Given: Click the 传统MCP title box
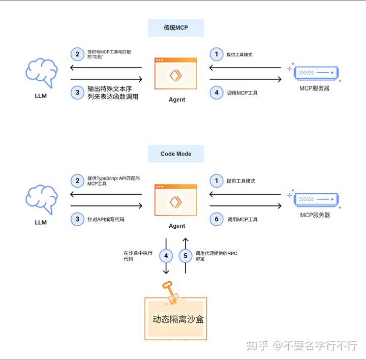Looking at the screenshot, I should [x=176, y=28].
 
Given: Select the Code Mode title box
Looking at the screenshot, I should [x=176, y=154].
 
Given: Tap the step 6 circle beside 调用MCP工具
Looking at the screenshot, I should [x=217, y=219].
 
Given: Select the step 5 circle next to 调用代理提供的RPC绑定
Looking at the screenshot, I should [x=186, y=255].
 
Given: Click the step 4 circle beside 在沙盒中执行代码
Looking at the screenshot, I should [x=166, y=255].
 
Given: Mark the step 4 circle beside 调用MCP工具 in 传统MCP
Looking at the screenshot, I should [x=217, y=93].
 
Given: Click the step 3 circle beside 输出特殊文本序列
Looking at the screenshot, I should [x=78, y=93].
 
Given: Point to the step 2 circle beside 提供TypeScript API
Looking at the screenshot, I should [x=78, y=181].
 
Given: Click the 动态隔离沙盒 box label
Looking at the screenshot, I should [x=176, y=320].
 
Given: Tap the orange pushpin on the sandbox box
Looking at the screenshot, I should [x=169, y=292].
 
